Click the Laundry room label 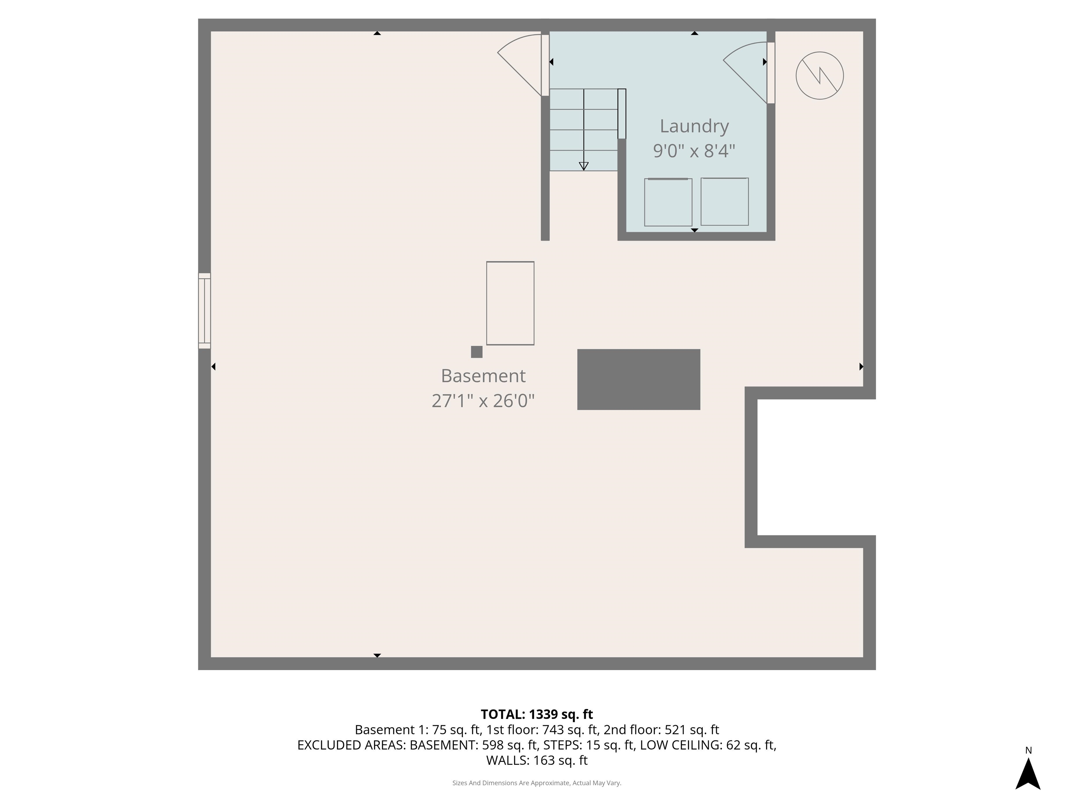pyautogui.click(x=694, y=126)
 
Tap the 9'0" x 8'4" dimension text pyautogui.click(x=694, y=151)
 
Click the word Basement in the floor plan pyautogui.click(x=483, y=376)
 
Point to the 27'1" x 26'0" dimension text pyautogui.click(x=483, y=401)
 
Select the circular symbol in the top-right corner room pyautogui.click(x=819, y=76)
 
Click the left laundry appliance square pyautogui.click(x=668, y=202)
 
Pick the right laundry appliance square pyautogui.click(x=724, y=201)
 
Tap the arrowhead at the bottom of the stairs pyautogui.click(x=583, y=166)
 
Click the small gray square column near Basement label pyautogui.click(x=477, y=352)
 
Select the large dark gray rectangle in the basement pyautogui.click(x=638, y=379)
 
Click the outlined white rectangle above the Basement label pyautogui.click(x=510, y=303)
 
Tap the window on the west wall pyautogui.click(x=205, y=311)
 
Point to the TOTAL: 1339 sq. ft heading pyautogui.click(x=537, y=714)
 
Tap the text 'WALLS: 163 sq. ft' pyautogui.click(x=537, y=760)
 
